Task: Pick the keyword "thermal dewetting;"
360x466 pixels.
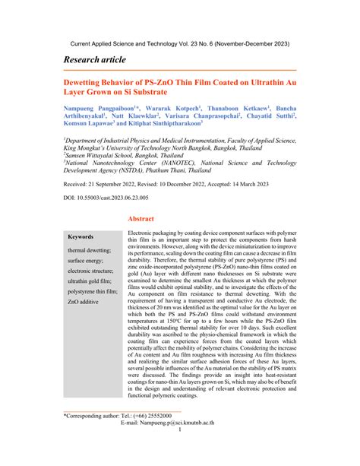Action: [x=88, y=249]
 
